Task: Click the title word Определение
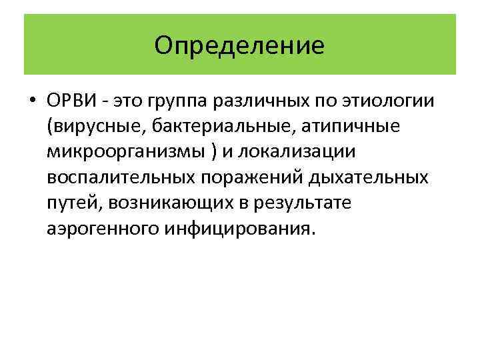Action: coord(239,45)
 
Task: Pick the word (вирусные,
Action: coord(87,127)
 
